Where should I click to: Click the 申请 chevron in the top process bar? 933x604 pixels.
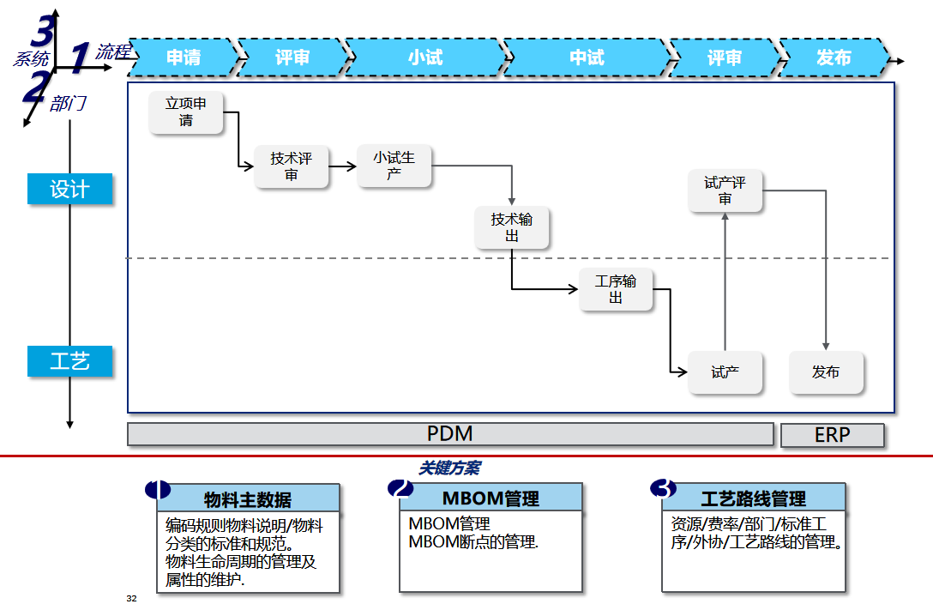coord(184,57)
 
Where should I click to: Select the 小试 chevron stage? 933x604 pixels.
coord(424,57)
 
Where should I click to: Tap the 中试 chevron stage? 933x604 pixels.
coord(587,57)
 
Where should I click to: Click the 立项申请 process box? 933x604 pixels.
coord(186,112)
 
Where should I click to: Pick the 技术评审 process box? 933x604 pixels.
coord(292,166)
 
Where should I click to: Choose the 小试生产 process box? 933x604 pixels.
coord(394,166)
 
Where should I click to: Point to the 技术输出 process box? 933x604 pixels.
coord(512,227)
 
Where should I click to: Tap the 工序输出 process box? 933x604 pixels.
coord(616,290)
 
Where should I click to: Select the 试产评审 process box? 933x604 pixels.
coord(725,190)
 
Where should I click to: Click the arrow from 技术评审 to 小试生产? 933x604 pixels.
coord(343,166)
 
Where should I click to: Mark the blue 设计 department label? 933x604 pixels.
coord(69,189)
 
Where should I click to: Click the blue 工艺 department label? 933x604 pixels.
coord(69,361)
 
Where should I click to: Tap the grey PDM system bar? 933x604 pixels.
coord(450,434)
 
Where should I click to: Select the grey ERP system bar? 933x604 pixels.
coord(832,435)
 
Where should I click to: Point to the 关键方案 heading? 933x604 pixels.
coord(449,468)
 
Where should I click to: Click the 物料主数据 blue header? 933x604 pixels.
coord(248,498)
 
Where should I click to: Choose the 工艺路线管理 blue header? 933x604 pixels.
coord(753,498)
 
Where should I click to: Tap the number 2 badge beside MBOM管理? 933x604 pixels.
coord(400,489)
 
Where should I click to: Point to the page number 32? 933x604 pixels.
coord(131,597)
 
